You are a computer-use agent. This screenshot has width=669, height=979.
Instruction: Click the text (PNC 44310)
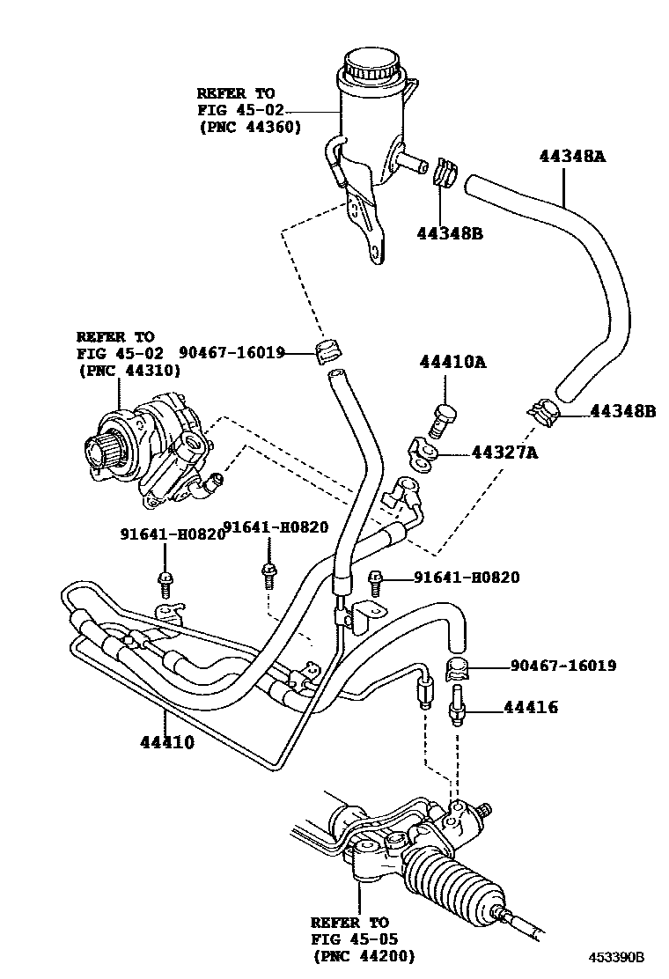click(129, 370)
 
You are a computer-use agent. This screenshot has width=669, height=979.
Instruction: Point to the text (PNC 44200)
click(363, 956)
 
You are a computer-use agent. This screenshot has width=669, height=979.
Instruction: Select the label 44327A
click(504, 453)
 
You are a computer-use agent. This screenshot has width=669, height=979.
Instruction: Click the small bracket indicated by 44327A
click(422, 453)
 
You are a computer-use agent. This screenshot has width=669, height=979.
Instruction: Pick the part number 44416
click(531, 707)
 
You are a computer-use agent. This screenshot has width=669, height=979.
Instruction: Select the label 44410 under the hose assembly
click(166, 741)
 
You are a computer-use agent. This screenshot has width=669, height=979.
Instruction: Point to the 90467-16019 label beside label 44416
click(563, 666)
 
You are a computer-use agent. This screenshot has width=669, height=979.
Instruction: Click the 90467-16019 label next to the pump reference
click(232, 352)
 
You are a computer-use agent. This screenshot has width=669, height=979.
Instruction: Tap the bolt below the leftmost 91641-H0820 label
click(164, 579)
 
